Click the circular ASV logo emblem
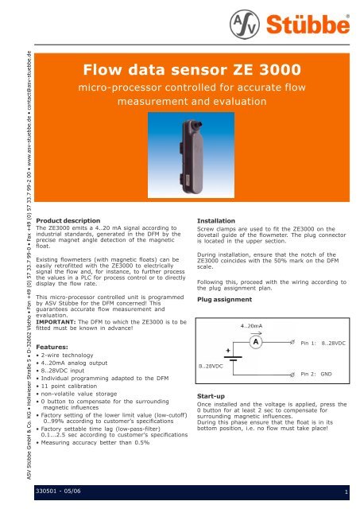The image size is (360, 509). pyautogui.click(x=245, y=25)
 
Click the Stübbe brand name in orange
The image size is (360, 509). pyautogui.click(x=308, y=25)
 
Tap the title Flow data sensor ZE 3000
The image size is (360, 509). pyautogui.click(x=192, y=69)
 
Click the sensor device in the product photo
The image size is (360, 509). pyautogui.click(x=192, y=156)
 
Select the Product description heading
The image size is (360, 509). pyautogui.click(x=68, y=221)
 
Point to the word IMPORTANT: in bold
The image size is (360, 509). pyautogui.click(x=56, y=322)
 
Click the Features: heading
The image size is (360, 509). pyautogui.click(x=52, y=347)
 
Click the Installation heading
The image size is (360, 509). pyautogui.click(x=216, y=221)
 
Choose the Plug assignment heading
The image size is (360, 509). pyautogui.click(x=224, y=299)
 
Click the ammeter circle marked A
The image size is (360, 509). pyautogui.click(x=256, y=342)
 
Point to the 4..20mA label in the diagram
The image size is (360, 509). pyautogui.click(x=251, y=325)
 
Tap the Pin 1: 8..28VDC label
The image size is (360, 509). pyautogui.click(x=323, y=343)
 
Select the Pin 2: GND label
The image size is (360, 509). pyautogui.click(x=316, y=374)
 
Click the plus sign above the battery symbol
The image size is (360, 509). pyautogui.click(x=228, y=350)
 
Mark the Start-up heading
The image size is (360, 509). pyautogui.click(x=211, y=396)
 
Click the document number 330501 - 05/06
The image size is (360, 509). pyautogui.click(x=58, y=491)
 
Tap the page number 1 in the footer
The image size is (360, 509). pyautogui.click(x=346, y=492)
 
